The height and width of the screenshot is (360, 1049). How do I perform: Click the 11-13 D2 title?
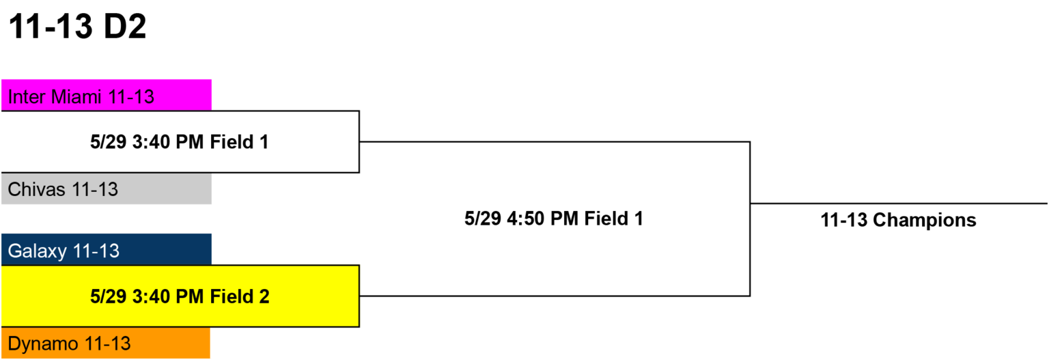click(x=78, y=26)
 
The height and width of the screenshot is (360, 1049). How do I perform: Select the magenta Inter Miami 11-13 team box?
click(x=107, y=95)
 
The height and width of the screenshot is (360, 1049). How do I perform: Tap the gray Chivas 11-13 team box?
click(x=107, y=189)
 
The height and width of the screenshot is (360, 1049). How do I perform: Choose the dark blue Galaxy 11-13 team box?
click(x=107, y=249)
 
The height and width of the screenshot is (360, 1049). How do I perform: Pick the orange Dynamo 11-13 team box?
click(x=106, y=343)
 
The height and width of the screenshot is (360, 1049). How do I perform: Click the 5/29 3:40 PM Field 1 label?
click(x=180, y=142)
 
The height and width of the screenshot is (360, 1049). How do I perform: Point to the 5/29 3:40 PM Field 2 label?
click(x=180, y=296)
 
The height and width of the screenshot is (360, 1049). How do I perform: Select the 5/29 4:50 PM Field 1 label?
click(x=554, y=219)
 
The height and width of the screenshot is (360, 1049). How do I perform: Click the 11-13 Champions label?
click(x=898, y=220)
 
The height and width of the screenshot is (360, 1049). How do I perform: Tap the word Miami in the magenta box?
click(x=76, y=97)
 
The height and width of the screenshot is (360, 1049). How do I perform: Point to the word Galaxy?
click(x=38, y=251)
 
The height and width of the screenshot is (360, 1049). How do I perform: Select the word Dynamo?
click(x=43, y=344)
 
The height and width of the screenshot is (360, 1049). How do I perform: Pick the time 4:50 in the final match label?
click(x=525, y=219)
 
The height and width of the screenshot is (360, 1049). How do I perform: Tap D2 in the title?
click(x=125, y=26)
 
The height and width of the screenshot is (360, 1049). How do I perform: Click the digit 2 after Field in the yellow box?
click(x=264, y=296)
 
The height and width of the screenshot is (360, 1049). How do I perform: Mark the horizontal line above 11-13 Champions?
click(x=899, y=204)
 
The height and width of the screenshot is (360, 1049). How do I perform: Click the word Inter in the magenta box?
click(x=27, y=97)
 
